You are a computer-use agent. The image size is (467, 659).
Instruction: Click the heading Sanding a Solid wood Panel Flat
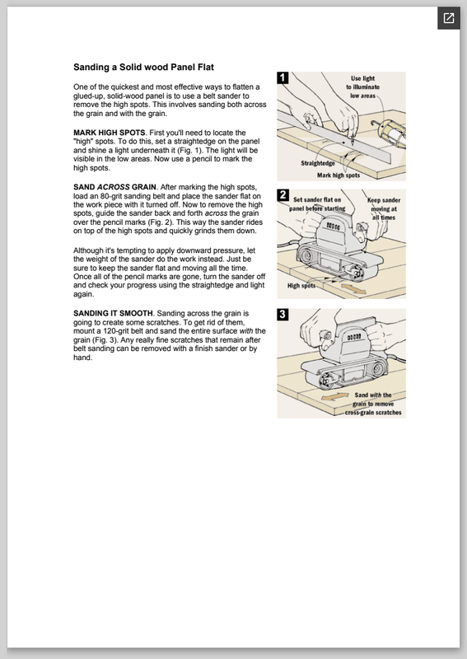143,68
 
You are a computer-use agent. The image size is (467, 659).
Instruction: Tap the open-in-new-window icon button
449,18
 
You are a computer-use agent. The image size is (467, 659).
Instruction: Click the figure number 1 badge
283,77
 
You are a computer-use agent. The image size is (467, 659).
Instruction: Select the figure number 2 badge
283,195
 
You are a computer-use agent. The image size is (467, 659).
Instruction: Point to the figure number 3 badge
283,315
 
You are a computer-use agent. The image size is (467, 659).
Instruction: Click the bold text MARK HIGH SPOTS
110,133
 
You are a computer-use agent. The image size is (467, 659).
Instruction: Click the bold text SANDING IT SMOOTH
113,314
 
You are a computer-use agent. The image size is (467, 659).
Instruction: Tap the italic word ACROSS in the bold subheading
114,187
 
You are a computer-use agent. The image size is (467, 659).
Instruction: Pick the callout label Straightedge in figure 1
318,163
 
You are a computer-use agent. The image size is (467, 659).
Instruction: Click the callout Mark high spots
339,175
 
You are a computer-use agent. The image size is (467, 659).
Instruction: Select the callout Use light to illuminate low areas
362,87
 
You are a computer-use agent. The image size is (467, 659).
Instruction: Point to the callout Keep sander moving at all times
384,209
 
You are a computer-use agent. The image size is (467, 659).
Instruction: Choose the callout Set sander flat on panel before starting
317,204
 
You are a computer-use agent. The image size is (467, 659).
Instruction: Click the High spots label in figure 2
301,286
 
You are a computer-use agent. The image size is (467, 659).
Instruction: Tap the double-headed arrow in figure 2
353,289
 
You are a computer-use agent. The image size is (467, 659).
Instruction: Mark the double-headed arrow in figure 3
334,396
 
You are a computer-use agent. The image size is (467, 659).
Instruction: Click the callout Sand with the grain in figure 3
373,404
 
